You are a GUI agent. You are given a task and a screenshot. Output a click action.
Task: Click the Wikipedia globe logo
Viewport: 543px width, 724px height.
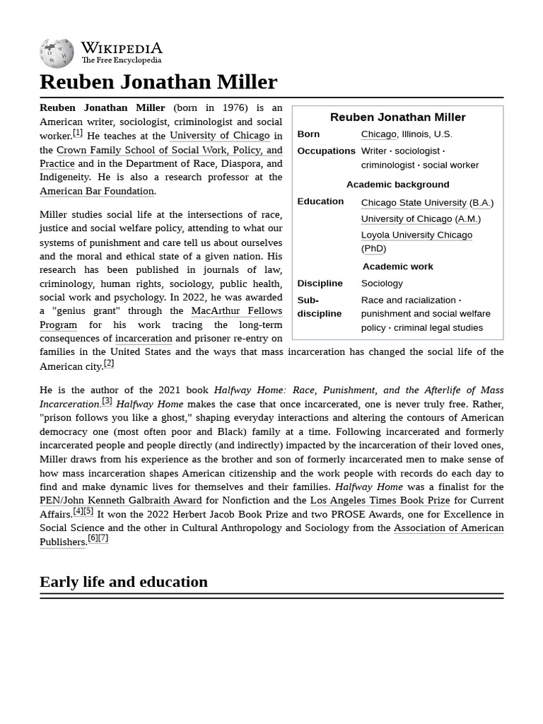pos(57,54)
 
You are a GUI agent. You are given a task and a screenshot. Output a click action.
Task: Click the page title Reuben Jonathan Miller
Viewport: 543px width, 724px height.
pos(158,82)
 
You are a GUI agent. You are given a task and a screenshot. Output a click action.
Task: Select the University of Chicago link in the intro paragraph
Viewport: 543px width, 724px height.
pos(219,136)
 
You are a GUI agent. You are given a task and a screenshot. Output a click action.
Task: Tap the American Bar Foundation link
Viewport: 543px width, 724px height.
pos(97,191)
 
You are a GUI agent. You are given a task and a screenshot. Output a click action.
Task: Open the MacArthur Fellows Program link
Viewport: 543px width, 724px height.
pos(236,311)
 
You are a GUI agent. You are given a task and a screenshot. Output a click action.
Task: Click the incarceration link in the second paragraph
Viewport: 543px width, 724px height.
pos(144,339)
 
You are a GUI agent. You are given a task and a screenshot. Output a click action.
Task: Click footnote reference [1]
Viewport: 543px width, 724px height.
pos(78,132)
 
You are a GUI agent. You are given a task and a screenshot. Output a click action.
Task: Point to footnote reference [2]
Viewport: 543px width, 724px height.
pos(109,363)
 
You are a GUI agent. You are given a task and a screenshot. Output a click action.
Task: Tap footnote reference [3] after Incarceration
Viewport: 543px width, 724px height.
pos(107,401)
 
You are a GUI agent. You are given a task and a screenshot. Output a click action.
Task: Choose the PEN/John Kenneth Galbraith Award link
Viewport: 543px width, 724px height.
pos(120,501)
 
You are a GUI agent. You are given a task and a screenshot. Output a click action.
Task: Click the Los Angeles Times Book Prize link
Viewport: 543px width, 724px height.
pos(380,501)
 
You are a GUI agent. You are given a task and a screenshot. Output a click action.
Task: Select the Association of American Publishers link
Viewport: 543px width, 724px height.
pos(448,528)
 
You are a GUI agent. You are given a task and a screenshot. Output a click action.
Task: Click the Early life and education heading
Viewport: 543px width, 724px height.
pos(124,582)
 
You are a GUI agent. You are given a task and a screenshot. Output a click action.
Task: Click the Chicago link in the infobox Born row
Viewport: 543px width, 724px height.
pos(378,134)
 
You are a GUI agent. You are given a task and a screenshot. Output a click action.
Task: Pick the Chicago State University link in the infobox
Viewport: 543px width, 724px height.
pos(414,203)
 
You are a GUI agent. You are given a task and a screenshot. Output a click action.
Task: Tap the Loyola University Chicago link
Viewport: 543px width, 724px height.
pos(416,235)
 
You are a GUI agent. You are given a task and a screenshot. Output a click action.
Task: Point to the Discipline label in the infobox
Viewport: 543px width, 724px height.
pos(320,284)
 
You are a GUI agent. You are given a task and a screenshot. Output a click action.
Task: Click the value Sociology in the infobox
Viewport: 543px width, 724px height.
pos(382,284)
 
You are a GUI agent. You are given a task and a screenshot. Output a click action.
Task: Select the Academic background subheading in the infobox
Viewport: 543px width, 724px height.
pos(397,185)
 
